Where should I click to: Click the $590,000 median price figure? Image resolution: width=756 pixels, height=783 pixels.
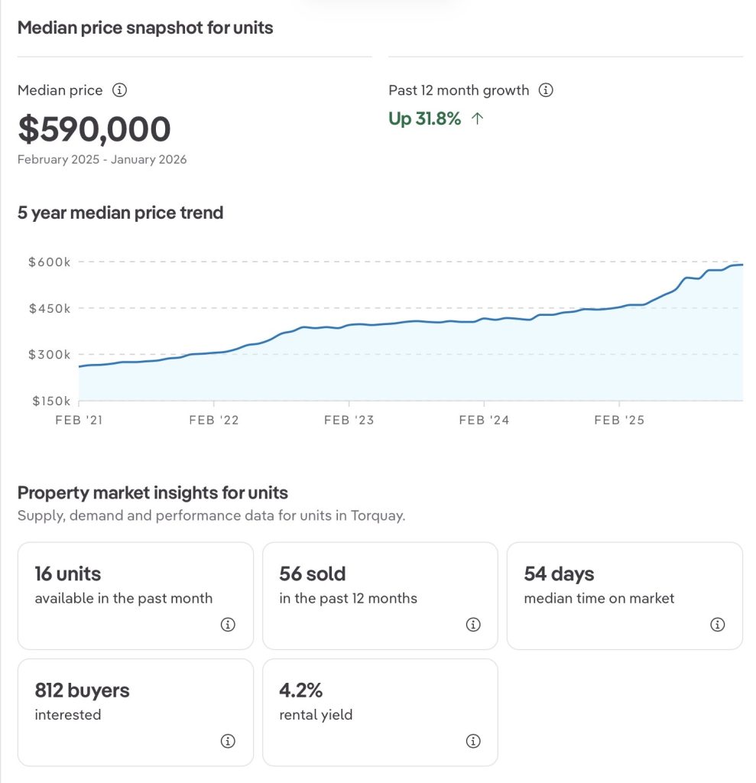[94, 129]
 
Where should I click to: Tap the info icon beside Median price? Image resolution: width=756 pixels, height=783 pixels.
[119, 90]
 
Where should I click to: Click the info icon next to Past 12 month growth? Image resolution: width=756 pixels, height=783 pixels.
[546, 90]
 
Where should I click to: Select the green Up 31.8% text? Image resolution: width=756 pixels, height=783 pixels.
[425, 119]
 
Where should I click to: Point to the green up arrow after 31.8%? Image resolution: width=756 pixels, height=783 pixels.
[478, 119]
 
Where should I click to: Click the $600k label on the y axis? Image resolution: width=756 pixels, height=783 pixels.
[49, 262]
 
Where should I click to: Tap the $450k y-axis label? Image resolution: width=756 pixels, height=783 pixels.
[49, 308]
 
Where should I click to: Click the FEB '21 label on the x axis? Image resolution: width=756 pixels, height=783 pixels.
[79, 420]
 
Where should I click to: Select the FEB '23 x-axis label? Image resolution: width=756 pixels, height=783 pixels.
[349, 420]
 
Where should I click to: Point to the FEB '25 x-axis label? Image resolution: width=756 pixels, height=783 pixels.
[619, 420]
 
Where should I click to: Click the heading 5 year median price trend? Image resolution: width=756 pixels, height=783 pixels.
[120, 213]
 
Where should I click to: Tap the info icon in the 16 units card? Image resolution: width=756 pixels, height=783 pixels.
[228, 625]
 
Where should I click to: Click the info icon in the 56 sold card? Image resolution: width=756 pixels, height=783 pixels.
[472, 625]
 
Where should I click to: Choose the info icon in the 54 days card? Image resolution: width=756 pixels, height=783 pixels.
[717, 625]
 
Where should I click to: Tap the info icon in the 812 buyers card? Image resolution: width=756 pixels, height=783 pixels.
[228, 741]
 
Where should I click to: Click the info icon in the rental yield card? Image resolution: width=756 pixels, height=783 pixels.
[472, 741]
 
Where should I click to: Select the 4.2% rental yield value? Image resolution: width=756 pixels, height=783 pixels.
[301, 690]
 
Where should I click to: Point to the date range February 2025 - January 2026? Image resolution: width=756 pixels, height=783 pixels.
[102, 160]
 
